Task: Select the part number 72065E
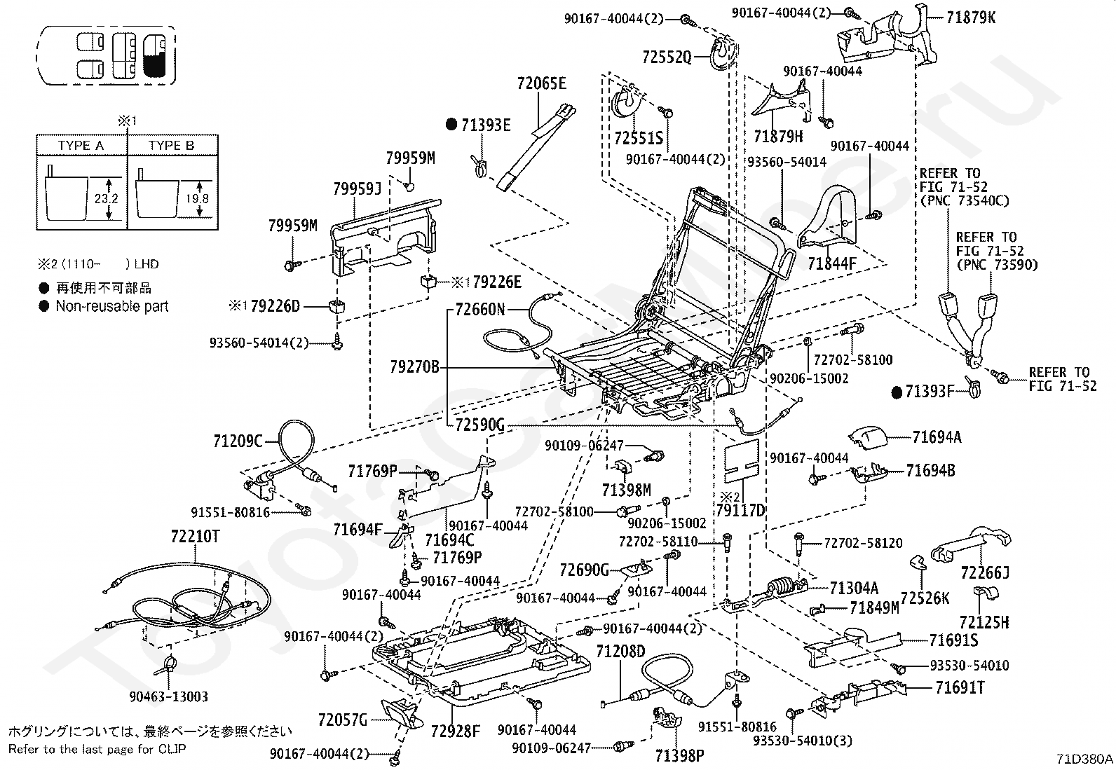click(541, 83)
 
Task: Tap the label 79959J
click(356, 188)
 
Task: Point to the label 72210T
click(195, 537)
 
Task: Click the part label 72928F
click(456, 732)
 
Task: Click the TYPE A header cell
click(81, 145)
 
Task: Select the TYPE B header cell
click(171, 145)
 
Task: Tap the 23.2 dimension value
click(107, 199)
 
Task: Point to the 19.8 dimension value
click(199, 199)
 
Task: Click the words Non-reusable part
click(112, 306)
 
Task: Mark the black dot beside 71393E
click(451, 125)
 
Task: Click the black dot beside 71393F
click(896, 392)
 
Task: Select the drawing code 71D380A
click(1085, 759)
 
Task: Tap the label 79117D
click(740, 510)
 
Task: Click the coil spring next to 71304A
click(784, 585)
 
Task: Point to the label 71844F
click(832, 264)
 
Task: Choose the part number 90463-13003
click(168, 696)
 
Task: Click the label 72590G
click(479, 425)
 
